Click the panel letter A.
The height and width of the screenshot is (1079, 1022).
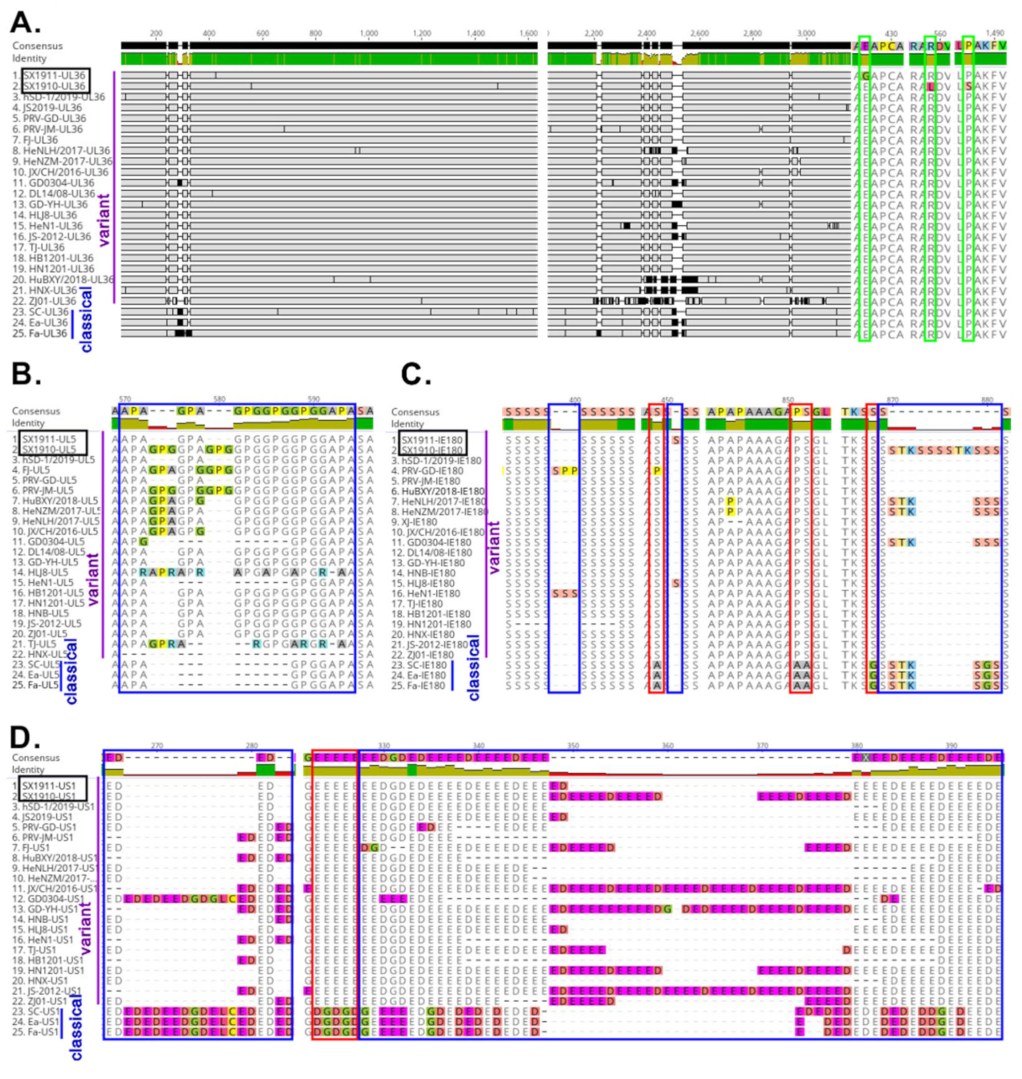pyautogui.click(x=26, y=22)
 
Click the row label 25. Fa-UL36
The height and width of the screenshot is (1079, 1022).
pyautogui.click(x=39, y=333)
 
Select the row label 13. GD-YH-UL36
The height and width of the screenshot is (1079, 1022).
pyautogui.click(x=49, y=204)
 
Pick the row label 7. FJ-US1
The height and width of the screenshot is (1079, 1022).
pyautogui.click(x=33, y=847)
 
